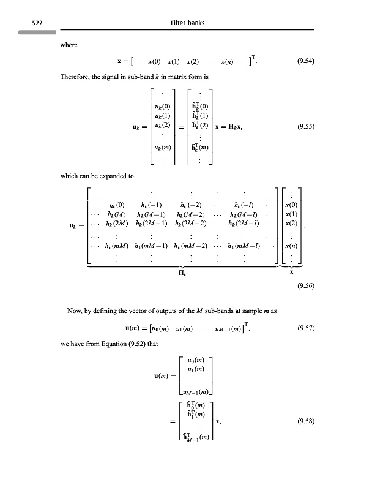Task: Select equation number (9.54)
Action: pyautogui.click(x=305, y=61)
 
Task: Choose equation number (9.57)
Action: pyautogui.click(x=305, y=328)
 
